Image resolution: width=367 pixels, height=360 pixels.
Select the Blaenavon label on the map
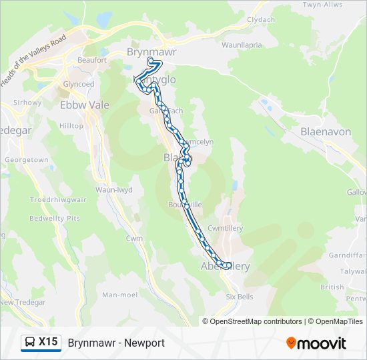pyautogui.click(x=326, y=132)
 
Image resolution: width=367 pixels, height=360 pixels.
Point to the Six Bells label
pyautogui.click(x=240, y=297)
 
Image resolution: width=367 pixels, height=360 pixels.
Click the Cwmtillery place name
pyautogui.click(x=225, y=228)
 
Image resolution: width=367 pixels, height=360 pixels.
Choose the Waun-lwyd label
pyautogui.click(x=114, y=190)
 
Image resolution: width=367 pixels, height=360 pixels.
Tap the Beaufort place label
pyautogui.click(x=92, y=60)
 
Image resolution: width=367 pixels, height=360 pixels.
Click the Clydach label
pyautogui.click(x=261, y=20)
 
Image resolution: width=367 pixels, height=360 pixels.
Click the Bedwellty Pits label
pyautogui.click(x=55, y=218)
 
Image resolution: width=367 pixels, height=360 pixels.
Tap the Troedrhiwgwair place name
pyautogui.click(x=57, y=199)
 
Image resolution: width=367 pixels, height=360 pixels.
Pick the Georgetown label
pyautogui.click(x=26, y=160)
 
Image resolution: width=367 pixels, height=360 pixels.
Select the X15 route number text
pyautogui.click(x=48, y=343)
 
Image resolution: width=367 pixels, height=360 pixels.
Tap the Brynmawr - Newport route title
pyautogui.click(x=116, y=343)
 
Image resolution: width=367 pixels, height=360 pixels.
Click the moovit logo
pyautogui.click(x=316, y=343)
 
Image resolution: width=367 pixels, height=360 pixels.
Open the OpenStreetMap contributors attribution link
pyautogui.click(x=246, y=321)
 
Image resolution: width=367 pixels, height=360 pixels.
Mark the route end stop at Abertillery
pyautogui.click(x=228, y=266)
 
